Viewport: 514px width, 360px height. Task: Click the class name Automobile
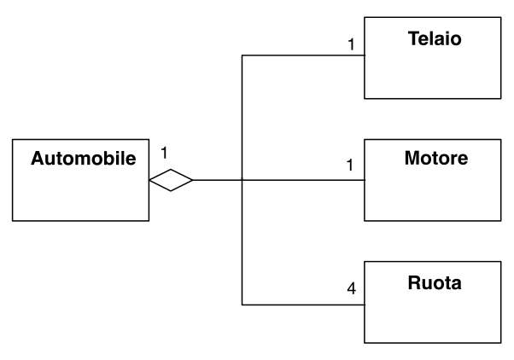coord(84,159)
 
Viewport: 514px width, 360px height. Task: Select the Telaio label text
coord(435,38)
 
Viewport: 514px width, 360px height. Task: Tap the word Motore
coord(436,158)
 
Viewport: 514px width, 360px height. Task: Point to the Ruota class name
coord(435,282)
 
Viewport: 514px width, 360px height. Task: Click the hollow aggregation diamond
coord(171,180)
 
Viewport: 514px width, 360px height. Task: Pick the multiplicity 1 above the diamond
coord(164,153)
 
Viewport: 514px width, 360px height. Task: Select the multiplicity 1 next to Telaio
coord(351,44)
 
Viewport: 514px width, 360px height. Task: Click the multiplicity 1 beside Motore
coord(350,165)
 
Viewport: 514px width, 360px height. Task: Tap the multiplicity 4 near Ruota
coord(352,288)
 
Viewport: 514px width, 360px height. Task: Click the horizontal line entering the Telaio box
coord(303,55)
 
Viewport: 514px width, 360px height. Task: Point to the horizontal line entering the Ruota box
coord(303,305)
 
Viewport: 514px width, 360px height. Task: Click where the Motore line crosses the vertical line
coord(242,180)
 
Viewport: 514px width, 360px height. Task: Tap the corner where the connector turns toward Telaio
coord(242,55)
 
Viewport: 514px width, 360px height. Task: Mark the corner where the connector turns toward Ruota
coord(242,305)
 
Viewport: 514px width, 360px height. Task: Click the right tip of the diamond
coord(193,180)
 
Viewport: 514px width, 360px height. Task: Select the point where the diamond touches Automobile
coord(149,180)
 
